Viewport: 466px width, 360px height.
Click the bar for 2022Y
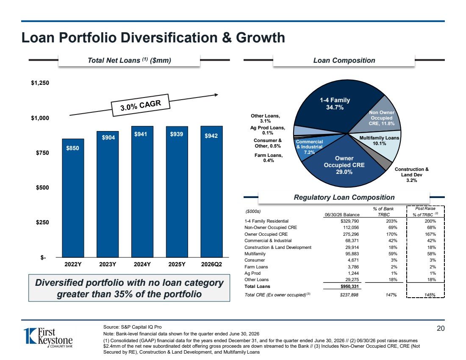click(x=73, y=198)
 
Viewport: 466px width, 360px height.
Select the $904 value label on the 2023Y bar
click(x=108, y=137)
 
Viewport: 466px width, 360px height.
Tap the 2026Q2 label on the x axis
click(x=211, y=264)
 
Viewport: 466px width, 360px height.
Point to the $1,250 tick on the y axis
click(x=40, y=83)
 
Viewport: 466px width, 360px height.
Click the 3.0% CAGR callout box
click(x=140, y=105)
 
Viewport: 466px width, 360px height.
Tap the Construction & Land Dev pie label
click(x=412, y=175)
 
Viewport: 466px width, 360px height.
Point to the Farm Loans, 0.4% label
click(x=268, y=158)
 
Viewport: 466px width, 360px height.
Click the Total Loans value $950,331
click(x=349, y=287)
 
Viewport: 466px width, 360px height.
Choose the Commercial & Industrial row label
click(x=268, y=241)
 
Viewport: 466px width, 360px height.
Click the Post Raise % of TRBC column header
click(x=425, y=212)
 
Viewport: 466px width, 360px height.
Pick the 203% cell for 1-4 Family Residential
click(x=391, y=221)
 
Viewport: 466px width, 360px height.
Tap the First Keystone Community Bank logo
click(x=48, y=338)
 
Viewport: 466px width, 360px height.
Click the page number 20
click(x=441, y=329)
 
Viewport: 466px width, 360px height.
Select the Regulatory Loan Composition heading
click(x=344, y=198)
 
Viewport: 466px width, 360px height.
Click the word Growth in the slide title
click(x=261, y=38)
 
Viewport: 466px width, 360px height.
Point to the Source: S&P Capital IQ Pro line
click(x=133, y=327)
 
